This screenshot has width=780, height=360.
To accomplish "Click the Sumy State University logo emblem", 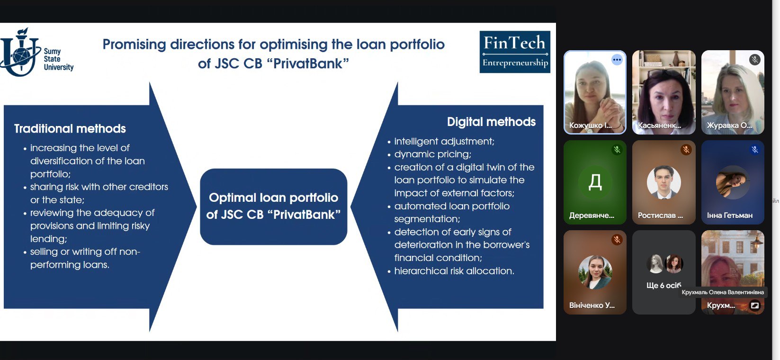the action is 20,52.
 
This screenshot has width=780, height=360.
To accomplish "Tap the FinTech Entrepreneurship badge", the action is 515,52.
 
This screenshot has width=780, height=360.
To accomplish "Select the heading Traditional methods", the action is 70,128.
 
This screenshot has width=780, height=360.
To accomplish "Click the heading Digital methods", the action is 491,122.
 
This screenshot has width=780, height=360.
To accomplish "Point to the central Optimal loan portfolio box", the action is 273,207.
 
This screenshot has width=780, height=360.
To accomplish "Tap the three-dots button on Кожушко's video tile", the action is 617,60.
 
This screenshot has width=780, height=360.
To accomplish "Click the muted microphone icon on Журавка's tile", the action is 754,60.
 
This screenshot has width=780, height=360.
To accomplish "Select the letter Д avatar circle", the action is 595,182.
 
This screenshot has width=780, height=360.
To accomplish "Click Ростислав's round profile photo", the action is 663,182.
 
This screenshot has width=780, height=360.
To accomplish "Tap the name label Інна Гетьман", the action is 729,216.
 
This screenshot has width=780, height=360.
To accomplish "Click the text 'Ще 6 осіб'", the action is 663,286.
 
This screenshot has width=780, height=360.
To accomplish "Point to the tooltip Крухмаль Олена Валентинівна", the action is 723,292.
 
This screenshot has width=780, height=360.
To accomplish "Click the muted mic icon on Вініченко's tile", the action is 617,240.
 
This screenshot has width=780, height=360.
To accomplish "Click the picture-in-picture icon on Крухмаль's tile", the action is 754,306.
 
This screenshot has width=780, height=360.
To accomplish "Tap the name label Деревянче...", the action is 592,216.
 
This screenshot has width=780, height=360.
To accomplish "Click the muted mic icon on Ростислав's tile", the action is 686,150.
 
